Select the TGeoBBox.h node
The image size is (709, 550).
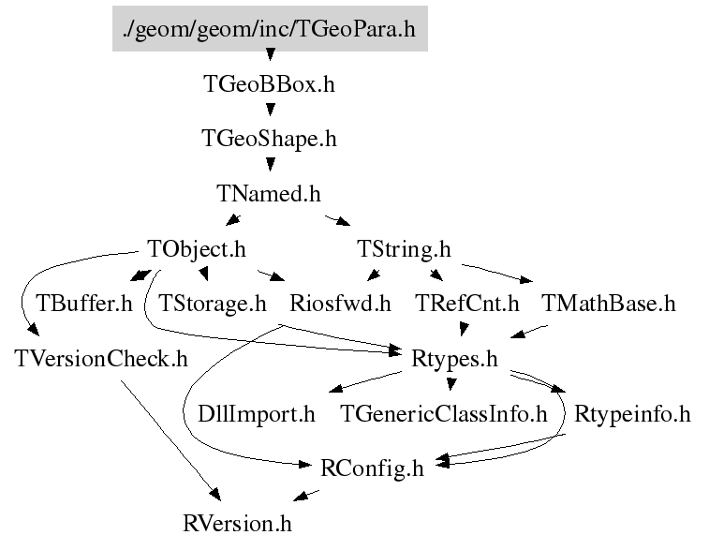(x=269, y=84)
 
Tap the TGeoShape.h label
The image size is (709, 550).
(x=269, y=139)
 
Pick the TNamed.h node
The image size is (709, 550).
(x=269, y=194)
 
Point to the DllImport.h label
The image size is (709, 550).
(x=257, y=413)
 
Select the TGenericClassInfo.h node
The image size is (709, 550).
(x=443, y=413)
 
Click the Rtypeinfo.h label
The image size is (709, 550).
(x=632, y=413)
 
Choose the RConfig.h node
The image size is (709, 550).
(x=372, y=468)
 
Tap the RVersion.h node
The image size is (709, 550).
(x=244, y=522)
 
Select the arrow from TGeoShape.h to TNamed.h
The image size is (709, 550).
(x=270, y=166)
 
